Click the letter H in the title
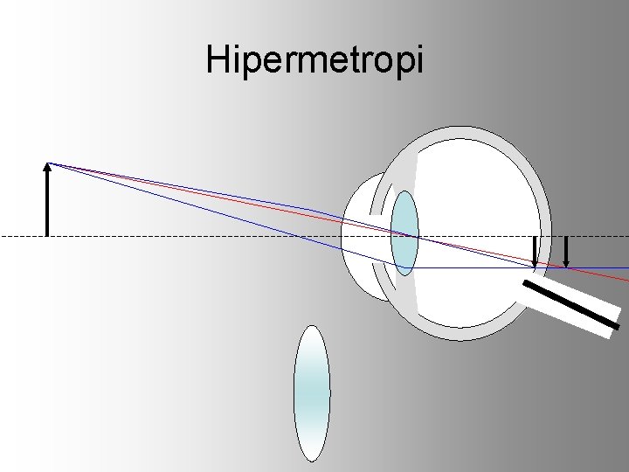pos(218,59)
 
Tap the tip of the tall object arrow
pos(48,163)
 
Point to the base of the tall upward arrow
pos(48,235)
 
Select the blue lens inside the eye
pos(404,233)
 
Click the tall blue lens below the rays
pos(312,393)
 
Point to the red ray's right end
pos(626,280)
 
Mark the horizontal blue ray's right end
pos(626,267)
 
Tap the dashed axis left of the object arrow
pos(22,236)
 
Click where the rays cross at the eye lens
pos(416,236)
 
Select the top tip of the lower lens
pos(312,327)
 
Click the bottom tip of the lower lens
pos(312,460)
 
